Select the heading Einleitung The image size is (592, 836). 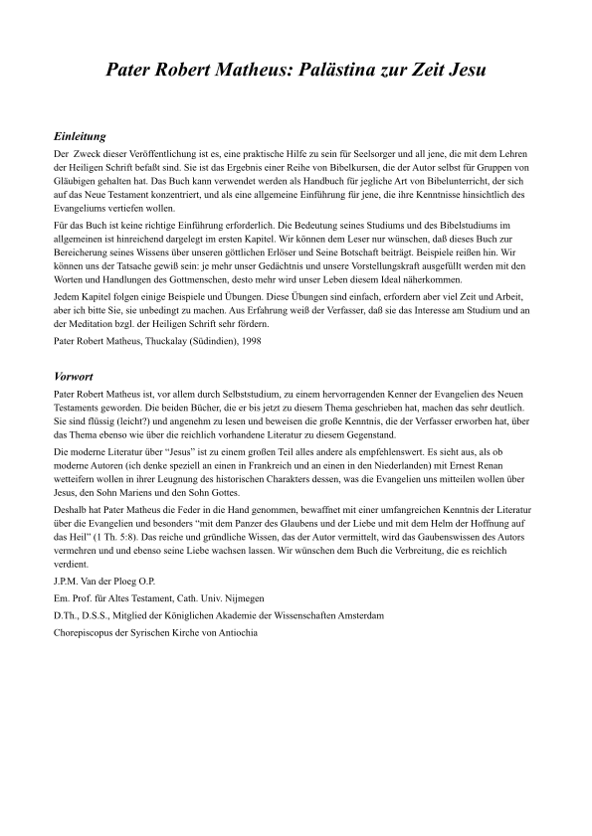coord(79,136)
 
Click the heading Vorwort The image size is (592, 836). coord(74,378)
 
